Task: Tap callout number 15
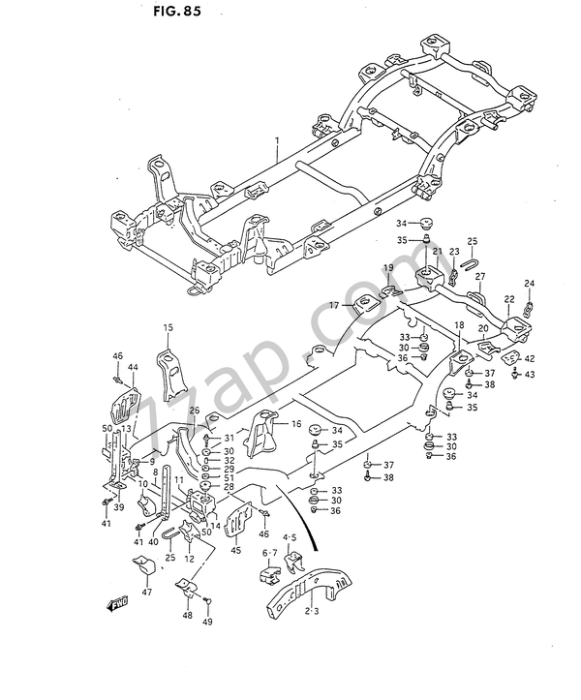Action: [x=167, y=328]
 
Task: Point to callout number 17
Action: [x=334, y=305]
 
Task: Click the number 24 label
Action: [x=529, y=284]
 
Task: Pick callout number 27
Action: [x=479, y=276]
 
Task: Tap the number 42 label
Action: [x=530, y=358]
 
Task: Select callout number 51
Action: [x=229, y=476]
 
